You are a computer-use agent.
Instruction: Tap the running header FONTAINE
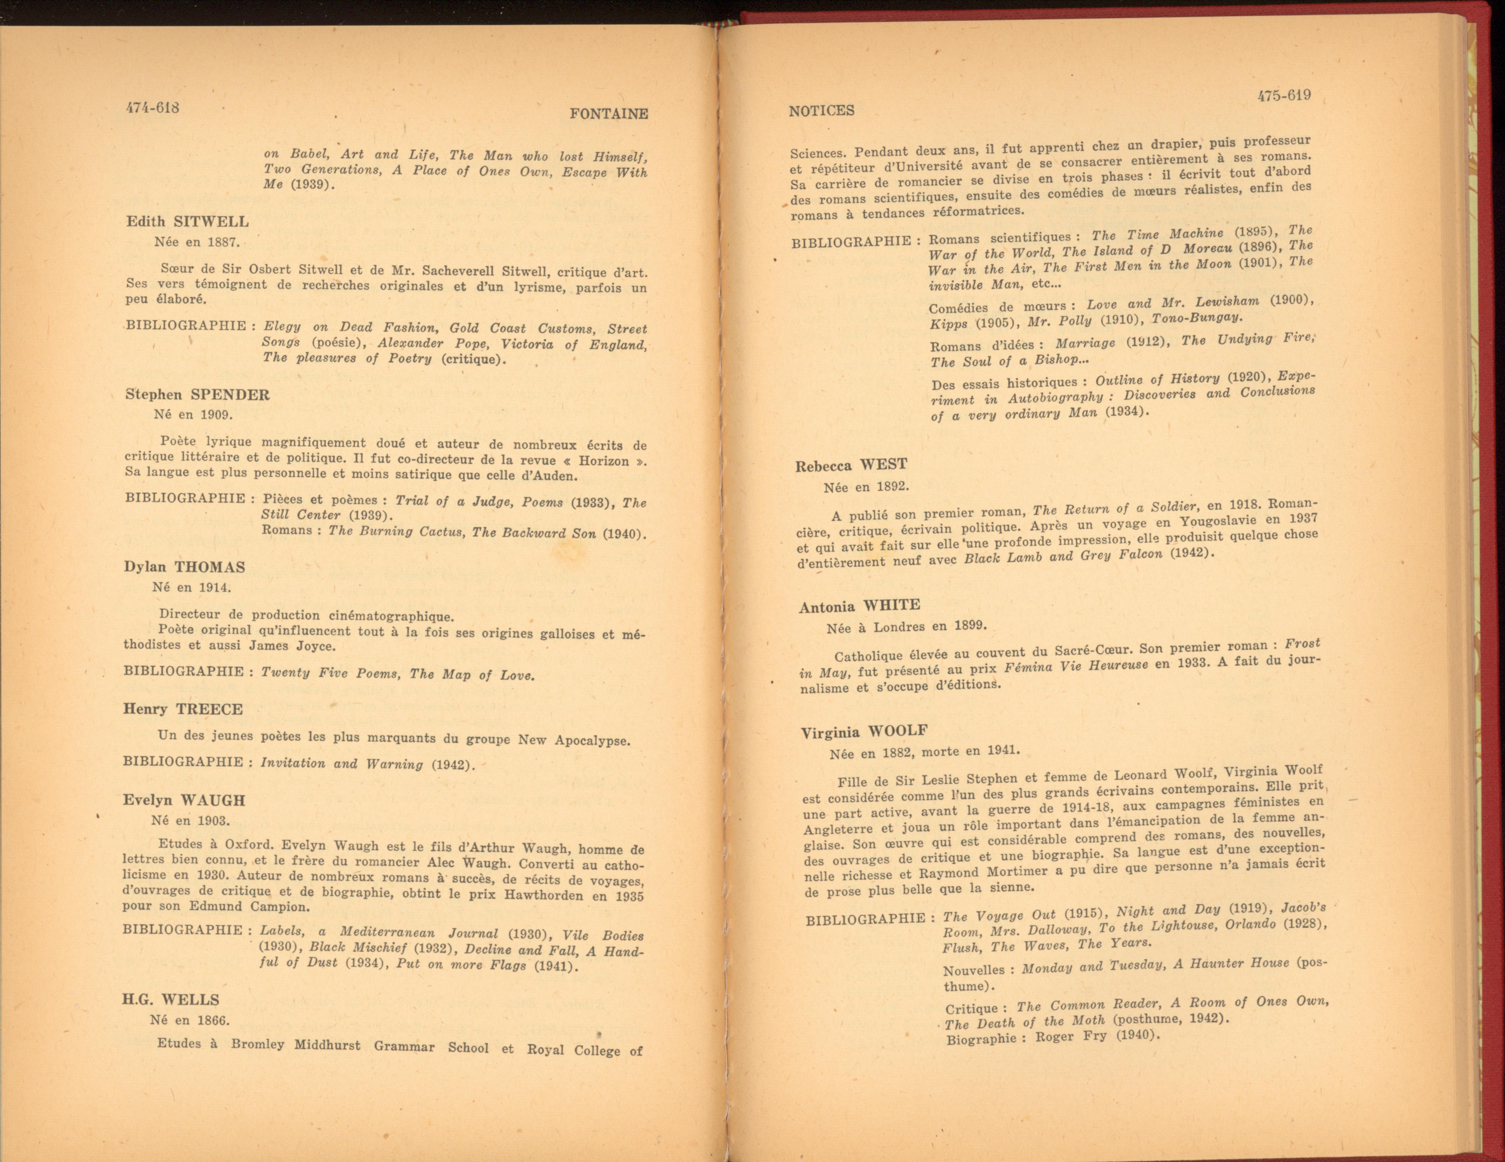click(608, 114)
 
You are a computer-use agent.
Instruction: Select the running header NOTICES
click(821, 110)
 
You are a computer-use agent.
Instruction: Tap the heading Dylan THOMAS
click(185, 567)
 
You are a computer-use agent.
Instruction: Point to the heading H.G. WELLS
click(171, 1000)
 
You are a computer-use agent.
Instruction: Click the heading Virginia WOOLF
click(864, 732)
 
